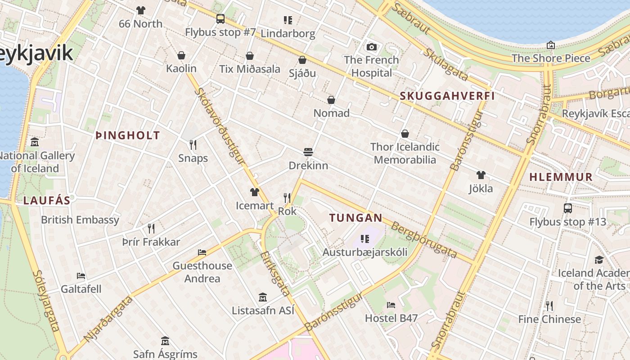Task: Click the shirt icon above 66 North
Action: tap(141, 10)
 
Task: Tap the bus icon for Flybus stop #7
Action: tap(220, 19)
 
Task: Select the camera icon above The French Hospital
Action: tap(371, 47)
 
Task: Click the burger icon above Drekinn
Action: tap(308, 152)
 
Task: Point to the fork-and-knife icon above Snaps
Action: tap(193, 144)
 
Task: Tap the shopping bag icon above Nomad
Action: tap(331, 100)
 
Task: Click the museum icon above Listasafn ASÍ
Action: tap(263, 297)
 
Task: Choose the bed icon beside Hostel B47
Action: tap(391, 305)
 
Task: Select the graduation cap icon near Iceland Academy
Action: tap(599, 260)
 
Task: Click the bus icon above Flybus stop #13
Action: tap(567, 208)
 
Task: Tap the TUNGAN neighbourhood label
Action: tap(355, 218)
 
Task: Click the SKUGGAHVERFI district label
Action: tap(447, 96)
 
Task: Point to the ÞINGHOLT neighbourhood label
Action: tap(128, 135)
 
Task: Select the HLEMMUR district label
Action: tap(561, 177)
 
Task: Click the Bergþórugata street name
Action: tap(424, 239)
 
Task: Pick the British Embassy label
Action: tap(80, 220)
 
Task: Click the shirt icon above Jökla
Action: tap(481, 175)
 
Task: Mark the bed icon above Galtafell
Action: tap(81, 275)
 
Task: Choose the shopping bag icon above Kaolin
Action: tap(181, 55)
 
